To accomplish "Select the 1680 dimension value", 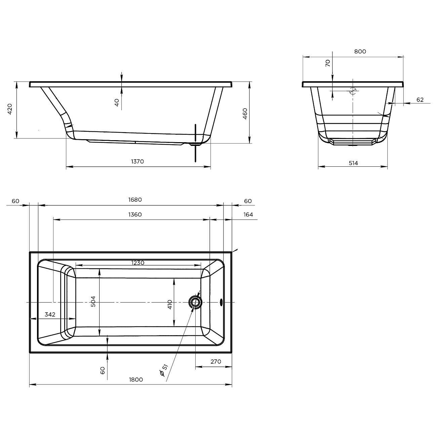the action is coord(135,200).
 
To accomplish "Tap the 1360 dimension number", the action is coord(135,214).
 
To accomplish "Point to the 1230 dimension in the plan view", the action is coord(138,263).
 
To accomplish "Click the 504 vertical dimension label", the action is coord(93,302).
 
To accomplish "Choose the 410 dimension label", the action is coord(170,305).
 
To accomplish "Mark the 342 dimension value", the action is coord(50,314).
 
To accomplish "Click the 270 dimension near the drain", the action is coord(216,361).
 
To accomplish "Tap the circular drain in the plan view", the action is coord(195,302).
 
